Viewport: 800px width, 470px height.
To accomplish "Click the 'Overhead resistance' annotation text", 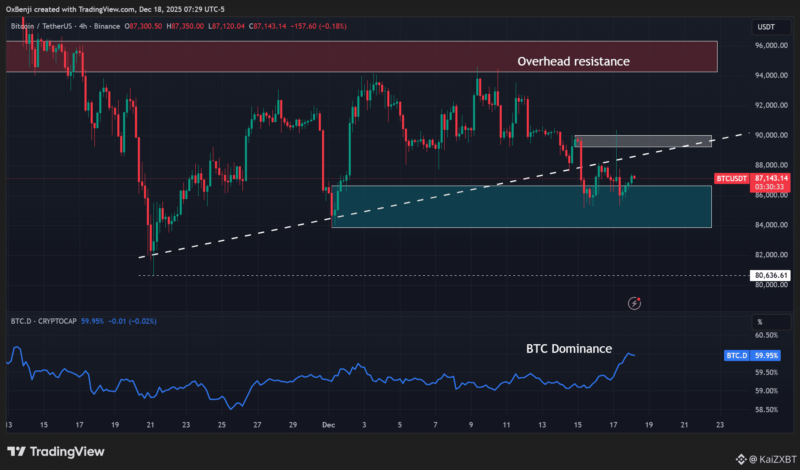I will tap(573, 61).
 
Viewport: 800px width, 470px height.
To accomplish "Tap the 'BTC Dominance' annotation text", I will tap(569, 349).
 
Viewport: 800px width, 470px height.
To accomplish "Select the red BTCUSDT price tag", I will tap(731, 179).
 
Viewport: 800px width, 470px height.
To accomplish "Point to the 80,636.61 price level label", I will tap(771, 275).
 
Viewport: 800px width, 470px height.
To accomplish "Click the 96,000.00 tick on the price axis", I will tap(771, 45).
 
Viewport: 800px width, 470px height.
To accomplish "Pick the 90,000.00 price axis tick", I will tap(771, 135).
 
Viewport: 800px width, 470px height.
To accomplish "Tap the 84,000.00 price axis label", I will tap(771, 225).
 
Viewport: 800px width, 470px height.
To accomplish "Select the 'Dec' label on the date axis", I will tap(329, 425).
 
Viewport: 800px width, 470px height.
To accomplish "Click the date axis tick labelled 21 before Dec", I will tap(151, 425).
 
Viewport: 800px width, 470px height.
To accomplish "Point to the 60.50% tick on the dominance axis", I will tap(766, 335).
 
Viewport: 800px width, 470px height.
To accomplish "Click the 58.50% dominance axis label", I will tap(766, 410).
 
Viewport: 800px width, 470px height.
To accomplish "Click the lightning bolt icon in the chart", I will tap(634, 303).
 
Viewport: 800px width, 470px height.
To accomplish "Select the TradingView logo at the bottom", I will tap(56, 452).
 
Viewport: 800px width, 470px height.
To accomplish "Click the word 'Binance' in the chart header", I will tap(107, 26).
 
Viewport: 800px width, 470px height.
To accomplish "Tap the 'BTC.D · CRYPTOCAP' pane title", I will tap(44, 321).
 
